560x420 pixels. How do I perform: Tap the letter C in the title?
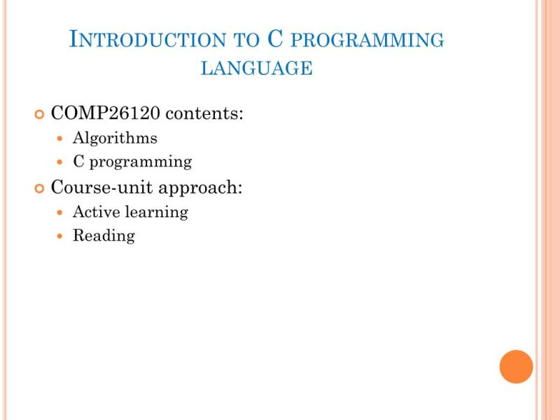275,39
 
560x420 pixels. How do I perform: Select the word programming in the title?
367,41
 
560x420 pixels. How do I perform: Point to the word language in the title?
256,68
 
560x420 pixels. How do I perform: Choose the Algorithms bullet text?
115,138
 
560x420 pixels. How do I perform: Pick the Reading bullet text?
104,236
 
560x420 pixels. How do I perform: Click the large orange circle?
516,367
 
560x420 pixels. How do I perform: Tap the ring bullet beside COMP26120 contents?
39,113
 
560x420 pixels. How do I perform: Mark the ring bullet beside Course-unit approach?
39,188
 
